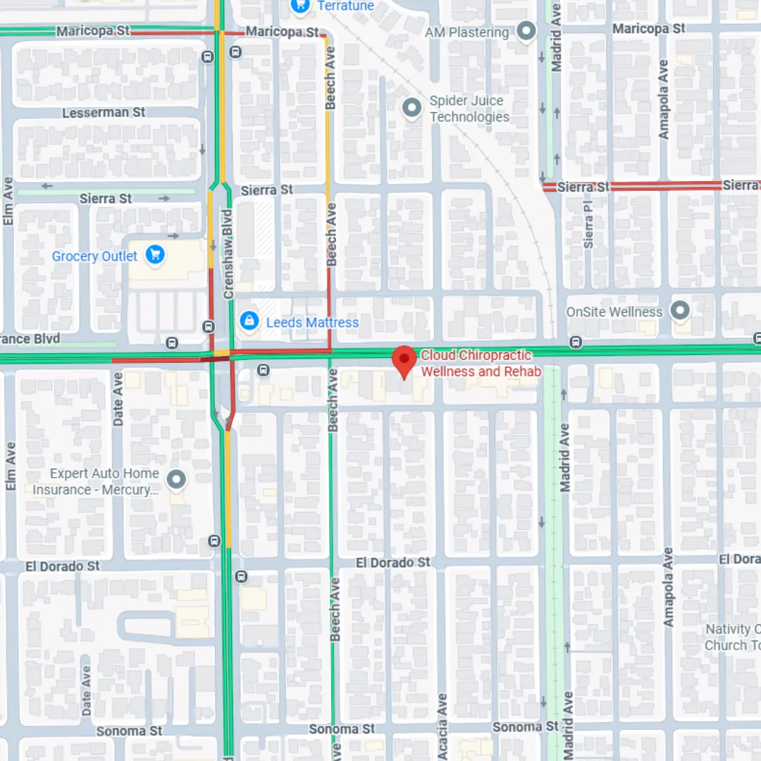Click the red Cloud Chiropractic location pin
(404, 361)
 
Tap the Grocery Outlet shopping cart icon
(155, 255)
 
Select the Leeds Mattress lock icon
(248, 321)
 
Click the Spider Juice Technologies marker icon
(412, 108)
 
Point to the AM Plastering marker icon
(526, 31)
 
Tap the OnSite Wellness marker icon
(680, 310)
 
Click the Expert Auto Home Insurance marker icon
(176, 480)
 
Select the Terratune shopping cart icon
(301, 6)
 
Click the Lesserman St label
(104, 113)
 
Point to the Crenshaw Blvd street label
(228, 254)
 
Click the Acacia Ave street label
(442, 726)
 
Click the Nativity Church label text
(732, 637)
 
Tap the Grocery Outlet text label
(94, 256)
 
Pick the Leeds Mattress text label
(312, 323)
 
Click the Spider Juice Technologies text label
(469, 109)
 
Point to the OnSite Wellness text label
(614, 311)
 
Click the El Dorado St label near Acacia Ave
(392, 562)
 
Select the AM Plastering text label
(466, 32)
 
